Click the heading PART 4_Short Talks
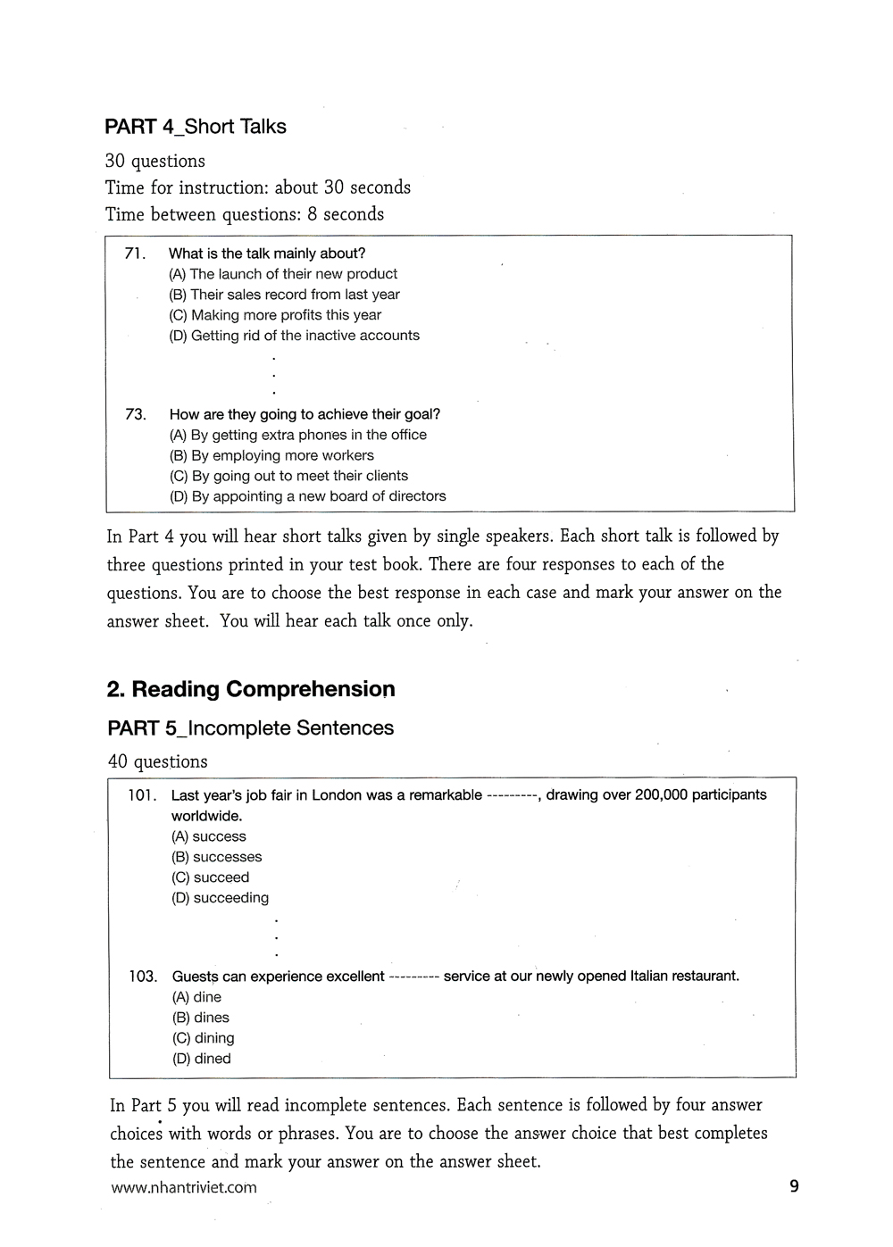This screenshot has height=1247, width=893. (x=196, y=127)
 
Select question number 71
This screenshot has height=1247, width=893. (x=135, y=254)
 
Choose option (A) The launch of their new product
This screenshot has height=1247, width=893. (x=283, y=274)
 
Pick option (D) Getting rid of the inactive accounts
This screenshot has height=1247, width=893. (x=294, y=336)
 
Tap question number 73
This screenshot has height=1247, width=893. (x=136, y=414)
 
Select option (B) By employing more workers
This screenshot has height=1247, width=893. (x=271, y=455)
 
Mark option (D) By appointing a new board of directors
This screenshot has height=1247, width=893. (x=307, y=496)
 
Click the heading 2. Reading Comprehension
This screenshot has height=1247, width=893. (x=251, y=689)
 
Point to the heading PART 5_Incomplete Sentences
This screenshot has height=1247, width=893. (x=250, y=728)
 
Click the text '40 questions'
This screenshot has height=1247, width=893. (x=157, y=761)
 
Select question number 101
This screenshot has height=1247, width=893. (x=142, y=795)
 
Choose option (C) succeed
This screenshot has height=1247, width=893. (x=210, y=877)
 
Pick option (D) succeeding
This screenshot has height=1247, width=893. (x=220, y=898)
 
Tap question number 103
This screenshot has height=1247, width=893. (x=143, y=977)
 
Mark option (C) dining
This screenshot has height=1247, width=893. (x=203, y=1038)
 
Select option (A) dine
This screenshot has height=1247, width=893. (x=196, y=997)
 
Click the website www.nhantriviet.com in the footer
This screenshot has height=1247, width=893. (x=184, y=1187)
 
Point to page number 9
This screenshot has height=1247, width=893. (x=794, y=1186)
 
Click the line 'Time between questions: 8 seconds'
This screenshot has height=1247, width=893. (x=245, y=214)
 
